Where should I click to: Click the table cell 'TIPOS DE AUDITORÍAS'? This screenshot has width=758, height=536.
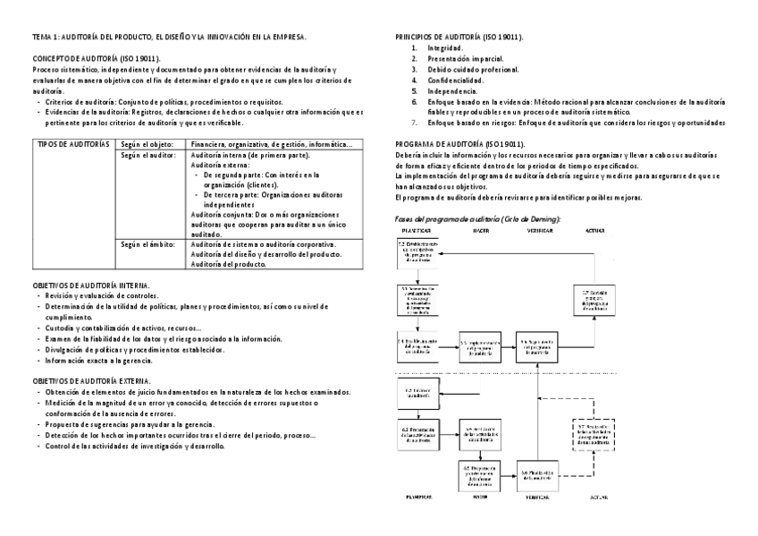click(72, 144)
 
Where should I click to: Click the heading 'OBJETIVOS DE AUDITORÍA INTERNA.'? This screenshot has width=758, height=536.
click(90, 285)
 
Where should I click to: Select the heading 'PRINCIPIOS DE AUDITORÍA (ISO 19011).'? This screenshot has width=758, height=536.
click(459, 37)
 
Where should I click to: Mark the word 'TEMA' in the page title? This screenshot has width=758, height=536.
click(42, 37)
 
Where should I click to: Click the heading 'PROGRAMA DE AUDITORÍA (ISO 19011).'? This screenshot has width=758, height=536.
click(460, 144)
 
